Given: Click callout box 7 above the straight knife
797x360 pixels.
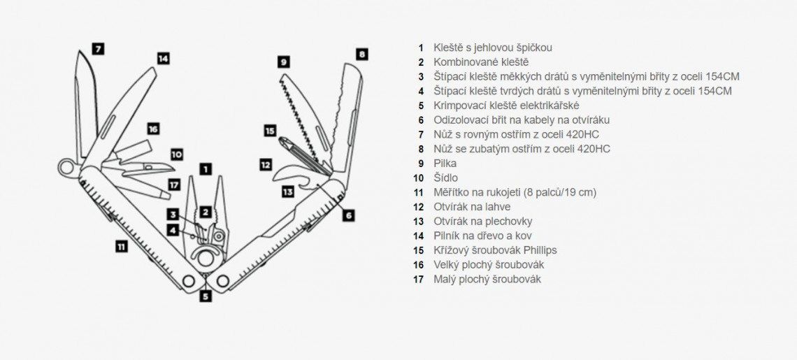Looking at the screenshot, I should click(x=98, y=49).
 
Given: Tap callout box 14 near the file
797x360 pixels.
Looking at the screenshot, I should click(x=163, y=59).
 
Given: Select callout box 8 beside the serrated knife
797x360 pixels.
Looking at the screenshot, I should click(x=361, y=54).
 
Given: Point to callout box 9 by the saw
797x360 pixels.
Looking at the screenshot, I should click(x=283, y=62).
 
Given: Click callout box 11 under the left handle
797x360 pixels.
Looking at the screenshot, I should click(x=122, y=246).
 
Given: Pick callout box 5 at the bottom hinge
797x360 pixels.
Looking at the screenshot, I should click(x=205, y=296).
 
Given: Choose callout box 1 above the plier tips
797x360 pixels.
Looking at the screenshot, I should click(x=205, y=168).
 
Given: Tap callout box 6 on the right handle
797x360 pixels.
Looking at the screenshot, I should click(x=348, y=215).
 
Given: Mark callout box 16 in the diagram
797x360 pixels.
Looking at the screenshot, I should click(x=153, y=129).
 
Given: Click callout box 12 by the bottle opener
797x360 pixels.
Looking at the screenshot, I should click(x=265, y=165).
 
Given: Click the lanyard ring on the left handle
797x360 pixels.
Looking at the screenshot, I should click(x=66, y=167).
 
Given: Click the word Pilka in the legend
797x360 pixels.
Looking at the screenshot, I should click(x=445, y=164).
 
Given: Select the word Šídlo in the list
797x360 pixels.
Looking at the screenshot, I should click(x=445, y=178).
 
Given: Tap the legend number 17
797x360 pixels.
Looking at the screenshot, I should click(x=419, y=280).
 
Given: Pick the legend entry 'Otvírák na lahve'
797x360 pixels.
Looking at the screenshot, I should click(x=472, y=207).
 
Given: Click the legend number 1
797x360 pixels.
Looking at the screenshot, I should click(x=421, y=48).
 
